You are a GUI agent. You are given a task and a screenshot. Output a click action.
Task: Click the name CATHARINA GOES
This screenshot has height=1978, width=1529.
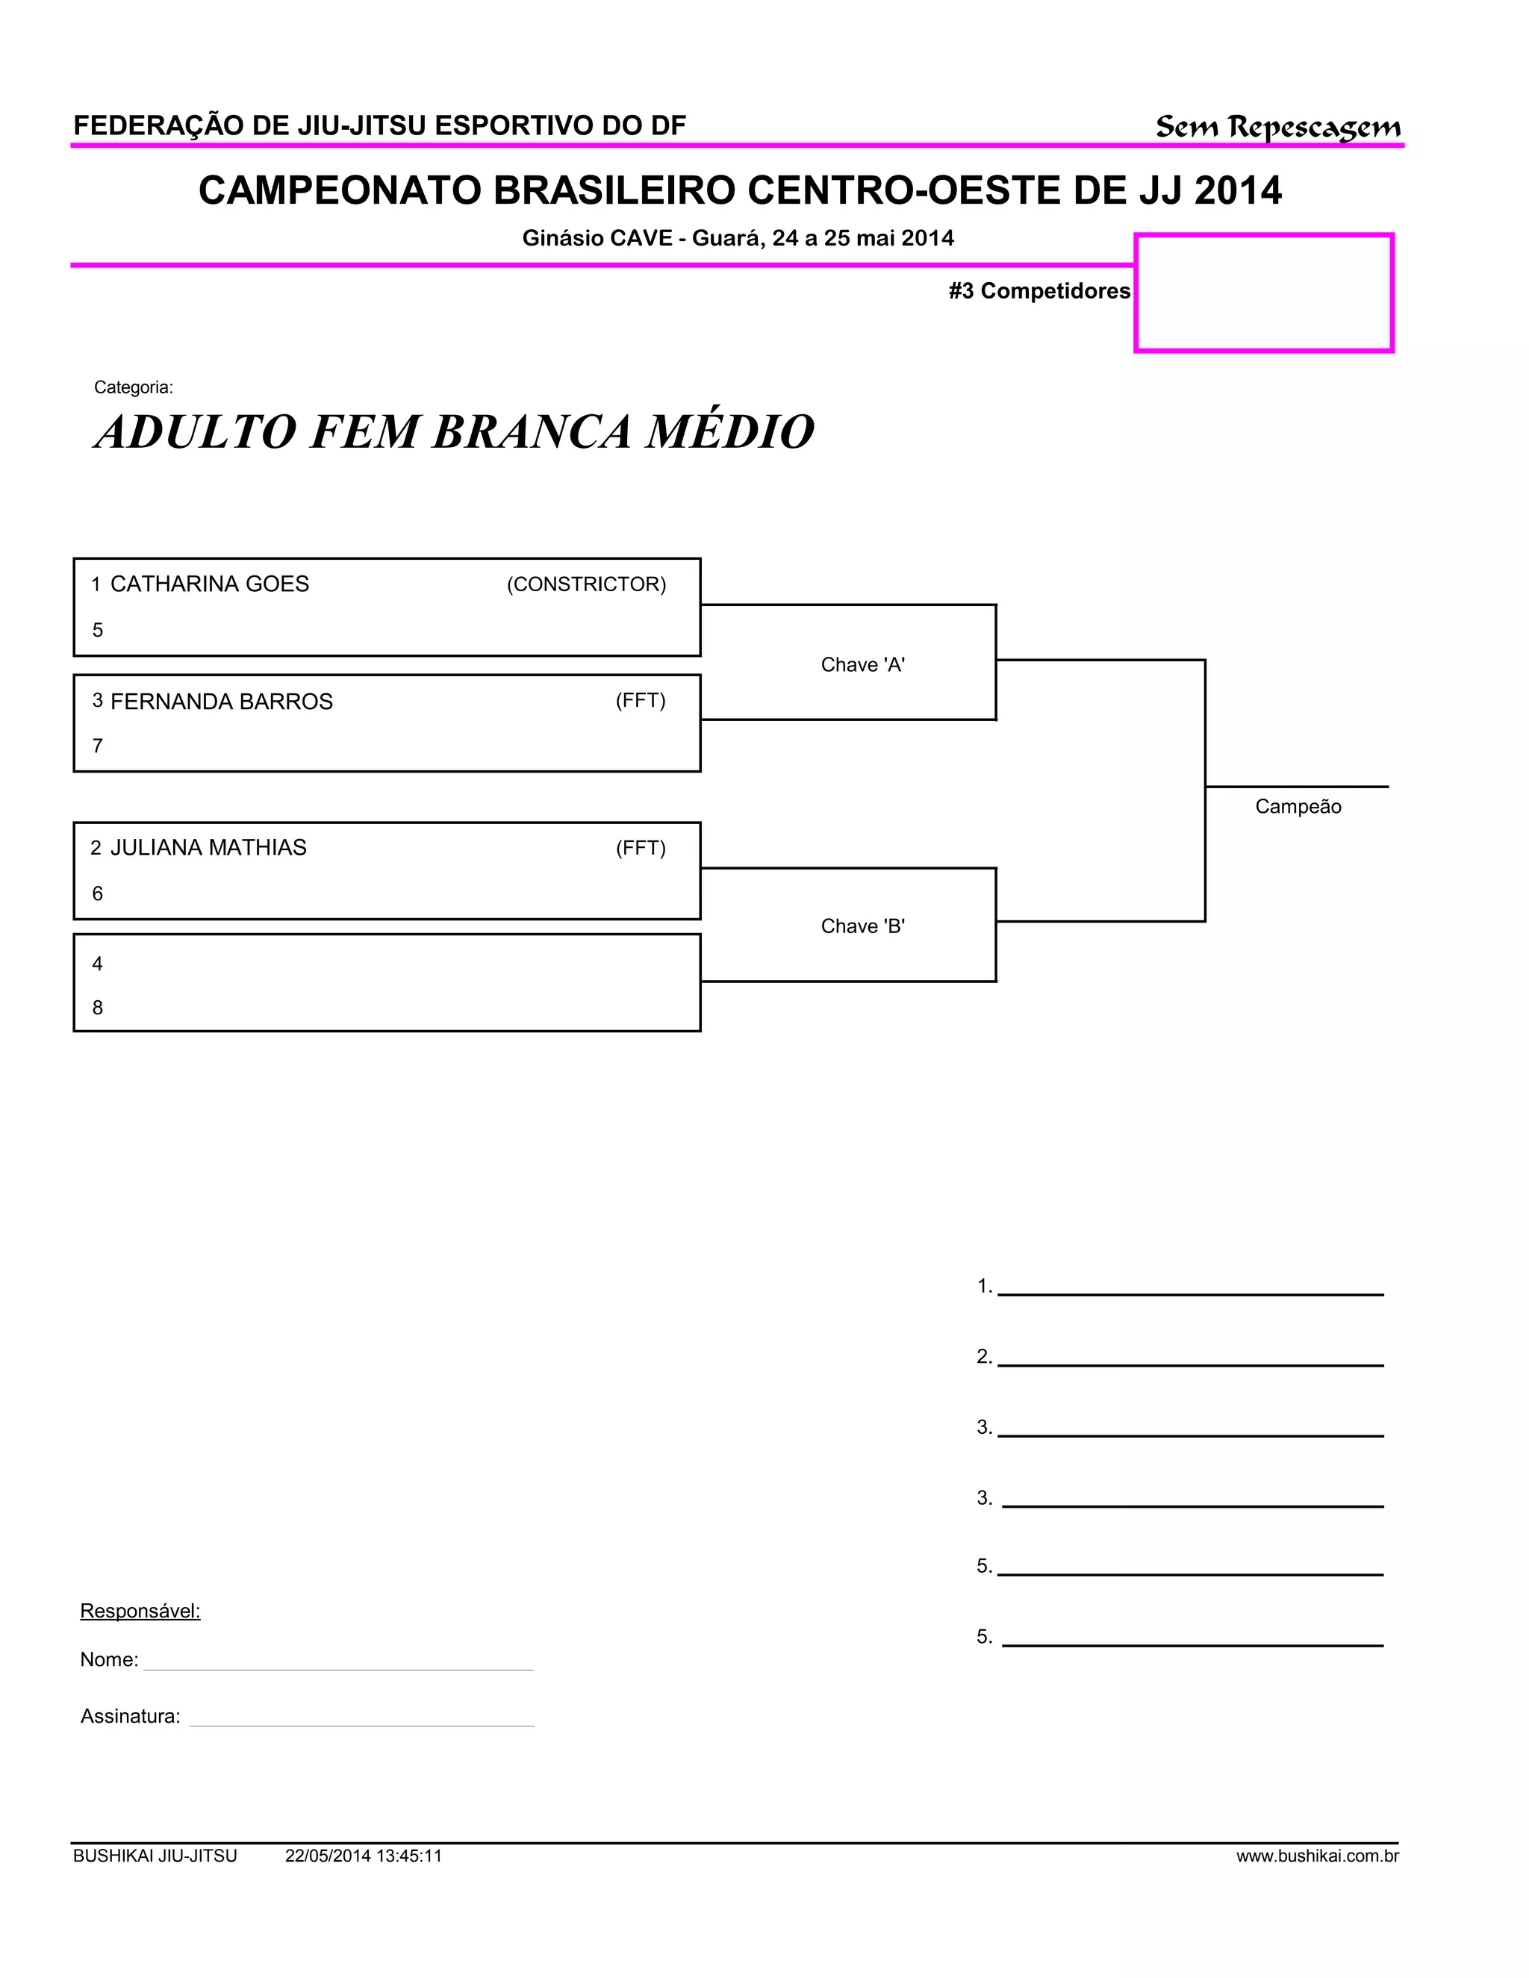(209, 584)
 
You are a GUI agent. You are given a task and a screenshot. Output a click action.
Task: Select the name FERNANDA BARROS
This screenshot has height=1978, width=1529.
(221, 701)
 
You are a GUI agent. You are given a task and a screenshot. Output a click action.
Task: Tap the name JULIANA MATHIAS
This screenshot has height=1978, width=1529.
(208, 848)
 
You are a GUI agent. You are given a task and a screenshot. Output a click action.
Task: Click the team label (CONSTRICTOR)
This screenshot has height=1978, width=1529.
(586, 584)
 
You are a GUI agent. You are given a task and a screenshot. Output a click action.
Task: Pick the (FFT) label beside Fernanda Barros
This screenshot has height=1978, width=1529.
(641, 700)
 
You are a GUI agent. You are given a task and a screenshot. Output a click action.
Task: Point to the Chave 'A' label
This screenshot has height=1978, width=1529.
(862, 665)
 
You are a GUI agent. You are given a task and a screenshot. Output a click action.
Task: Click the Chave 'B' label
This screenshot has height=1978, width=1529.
(862, 926)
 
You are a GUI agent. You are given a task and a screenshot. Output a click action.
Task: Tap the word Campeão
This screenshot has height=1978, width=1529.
(1297, 806)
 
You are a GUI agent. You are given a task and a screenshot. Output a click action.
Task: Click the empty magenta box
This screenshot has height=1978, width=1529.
(1264, 293)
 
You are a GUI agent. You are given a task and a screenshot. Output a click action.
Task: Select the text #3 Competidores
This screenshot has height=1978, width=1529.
(1039, 290)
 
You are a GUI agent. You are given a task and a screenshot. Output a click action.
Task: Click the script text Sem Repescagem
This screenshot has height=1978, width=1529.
(1277, 127)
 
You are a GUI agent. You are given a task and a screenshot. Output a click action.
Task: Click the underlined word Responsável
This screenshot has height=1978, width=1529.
(140, 1610)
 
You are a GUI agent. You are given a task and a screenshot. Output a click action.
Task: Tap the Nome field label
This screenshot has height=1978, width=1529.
(109, 1659)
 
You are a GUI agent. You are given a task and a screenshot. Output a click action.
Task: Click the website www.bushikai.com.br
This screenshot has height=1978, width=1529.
(1317, 1856)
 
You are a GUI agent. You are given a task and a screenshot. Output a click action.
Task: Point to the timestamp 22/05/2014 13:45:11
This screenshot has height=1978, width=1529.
(364, 1856)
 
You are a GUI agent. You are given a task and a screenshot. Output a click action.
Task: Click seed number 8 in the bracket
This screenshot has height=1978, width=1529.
(98, 1007)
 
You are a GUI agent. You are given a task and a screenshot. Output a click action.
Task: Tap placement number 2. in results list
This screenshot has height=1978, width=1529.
(985, 1355)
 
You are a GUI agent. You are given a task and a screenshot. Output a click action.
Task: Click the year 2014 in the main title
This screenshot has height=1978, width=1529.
(1237, 190)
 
